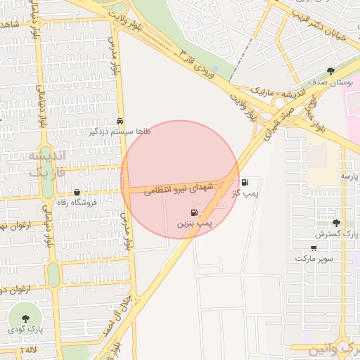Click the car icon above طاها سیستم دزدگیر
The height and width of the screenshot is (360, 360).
coord(120,121)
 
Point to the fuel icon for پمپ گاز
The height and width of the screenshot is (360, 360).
coord(244,182)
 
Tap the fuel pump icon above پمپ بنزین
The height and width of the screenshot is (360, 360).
coord(193,212)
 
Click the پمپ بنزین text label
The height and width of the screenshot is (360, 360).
coord(193,223)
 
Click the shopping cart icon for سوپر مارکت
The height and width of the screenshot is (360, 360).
coord(314,247)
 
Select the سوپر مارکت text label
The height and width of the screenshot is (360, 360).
coord(314,258)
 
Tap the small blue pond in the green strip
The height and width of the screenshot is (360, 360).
coord(214,70)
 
